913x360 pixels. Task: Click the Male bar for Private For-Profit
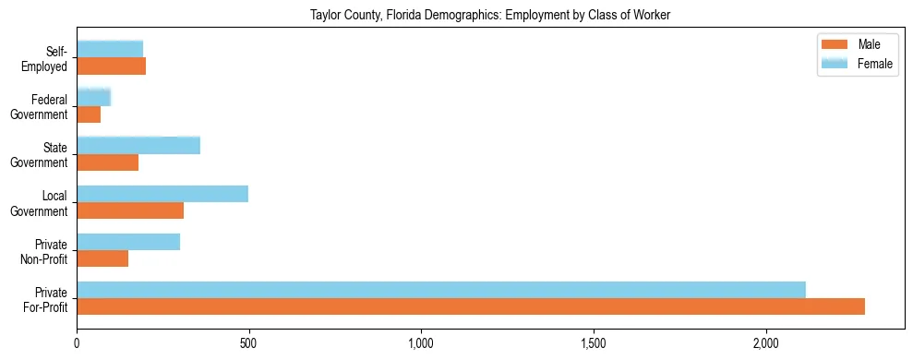point(471,306)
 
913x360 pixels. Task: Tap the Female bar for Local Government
point(162,194)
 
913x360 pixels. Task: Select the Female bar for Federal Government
point(93,97)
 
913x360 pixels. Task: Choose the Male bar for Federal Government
point(89,114)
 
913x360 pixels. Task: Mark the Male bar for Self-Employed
point(111,66)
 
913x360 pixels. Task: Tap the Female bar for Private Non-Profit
point(128,242)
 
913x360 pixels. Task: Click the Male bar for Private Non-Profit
point(102,258)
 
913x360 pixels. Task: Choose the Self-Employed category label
point(45,58)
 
